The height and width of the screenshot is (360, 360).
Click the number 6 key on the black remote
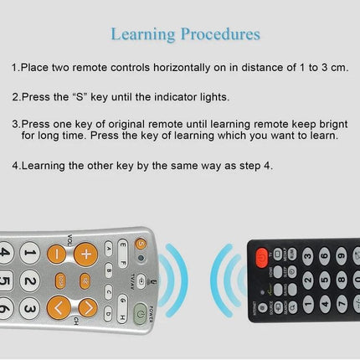324,254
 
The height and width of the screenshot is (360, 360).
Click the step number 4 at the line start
15,165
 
